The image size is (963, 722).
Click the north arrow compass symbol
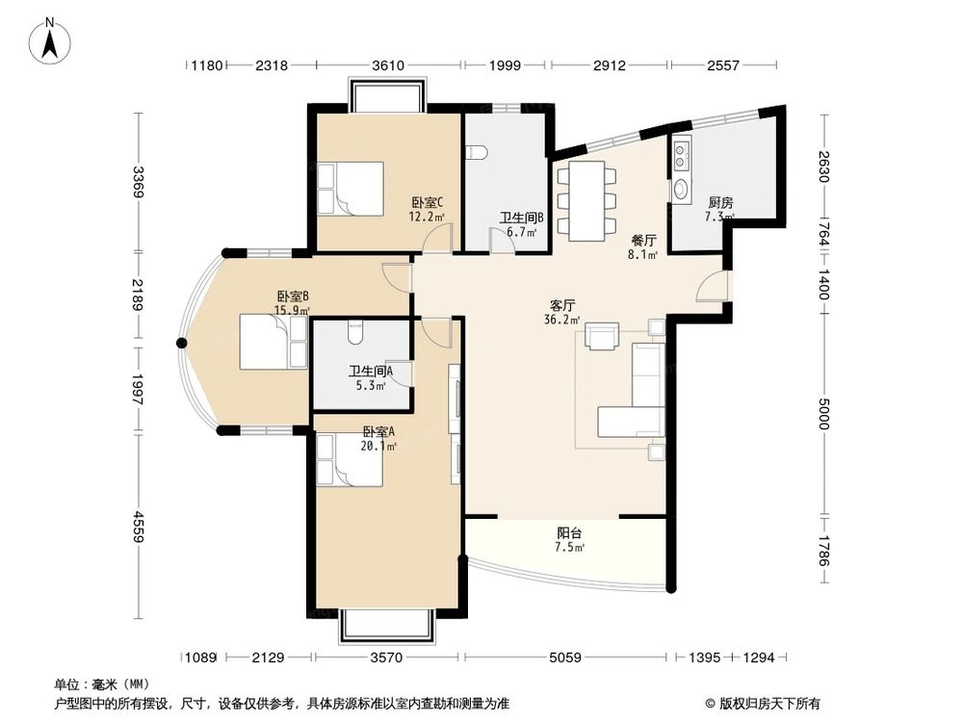tap(50, 39)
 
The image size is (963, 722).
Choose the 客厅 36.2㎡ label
tap(562, 312)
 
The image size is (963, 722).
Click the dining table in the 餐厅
tap(586, 201)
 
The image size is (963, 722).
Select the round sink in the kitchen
tap(681, 190)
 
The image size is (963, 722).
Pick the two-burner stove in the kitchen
tap(681, 156)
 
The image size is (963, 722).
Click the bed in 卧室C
tap(351, 189)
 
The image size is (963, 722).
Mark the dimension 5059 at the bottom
tap(565, 658)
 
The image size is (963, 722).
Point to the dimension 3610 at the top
tap(388, 65)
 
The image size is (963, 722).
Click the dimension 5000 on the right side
tap(824, 414)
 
